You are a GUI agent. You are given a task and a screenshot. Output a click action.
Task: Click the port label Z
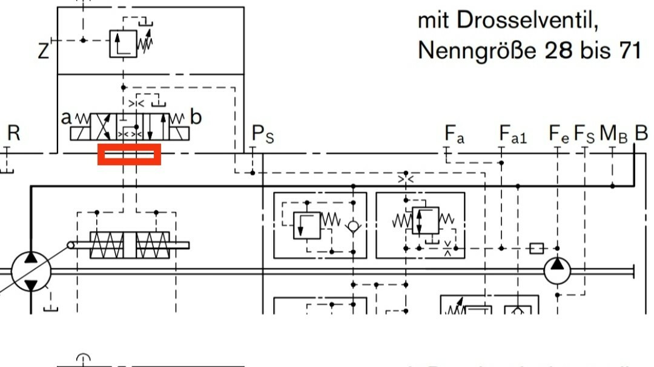(43, 51)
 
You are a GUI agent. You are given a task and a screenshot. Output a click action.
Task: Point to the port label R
(13, 134)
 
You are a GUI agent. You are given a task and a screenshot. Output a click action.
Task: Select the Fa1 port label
(513, 134)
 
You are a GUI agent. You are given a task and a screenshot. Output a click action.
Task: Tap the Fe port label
(558, 134)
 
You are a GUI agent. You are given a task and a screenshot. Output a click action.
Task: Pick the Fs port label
(584, 134)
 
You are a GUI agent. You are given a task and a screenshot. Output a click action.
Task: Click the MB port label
(613, 134)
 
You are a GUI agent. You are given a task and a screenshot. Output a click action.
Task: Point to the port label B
(641, 133)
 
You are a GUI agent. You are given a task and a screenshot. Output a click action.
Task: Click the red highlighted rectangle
(130, 154)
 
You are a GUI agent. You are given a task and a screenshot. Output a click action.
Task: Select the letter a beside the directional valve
(66, 117)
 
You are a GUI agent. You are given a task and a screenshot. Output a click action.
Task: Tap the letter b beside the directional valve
(195, 117)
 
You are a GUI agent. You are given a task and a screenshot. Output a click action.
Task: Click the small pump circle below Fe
(558, 270)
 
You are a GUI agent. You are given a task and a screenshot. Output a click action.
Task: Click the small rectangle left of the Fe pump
(537, 248)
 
